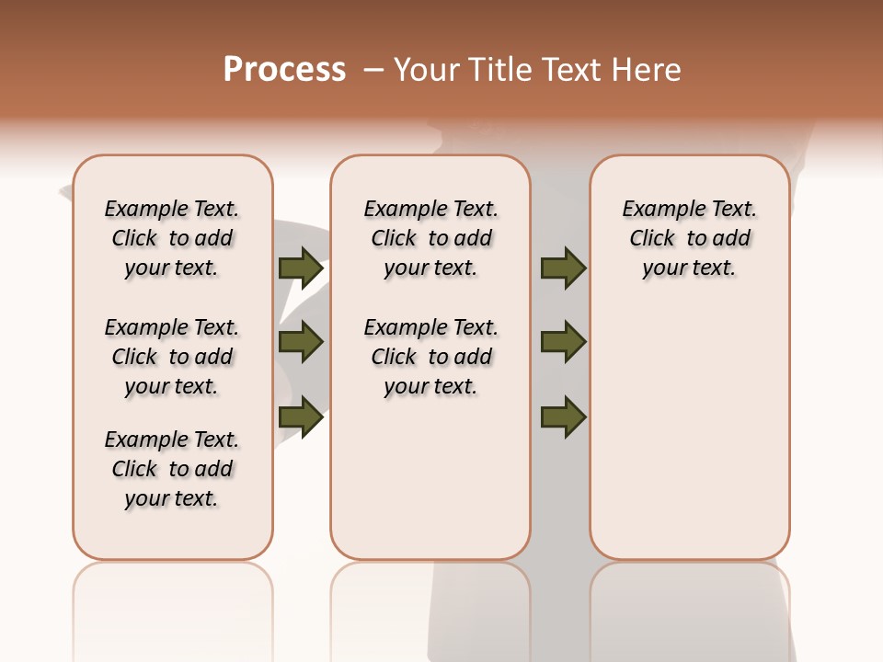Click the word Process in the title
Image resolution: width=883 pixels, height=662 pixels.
284,70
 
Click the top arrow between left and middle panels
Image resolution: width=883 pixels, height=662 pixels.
301,268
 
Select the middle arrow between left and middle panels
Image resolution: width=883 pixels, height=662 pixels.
301,342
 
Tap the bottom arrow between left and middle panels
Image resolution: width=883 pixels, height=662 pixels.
301,417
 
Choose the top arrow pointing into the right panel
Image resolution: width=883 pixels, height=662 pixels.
563,268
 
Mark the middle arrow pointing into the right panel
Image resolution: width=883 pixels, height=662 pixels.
563,342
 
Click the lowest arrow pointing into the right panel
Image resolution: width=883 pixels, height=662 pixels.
563,417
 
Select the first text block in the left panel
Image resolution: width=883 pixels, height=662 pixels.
172,238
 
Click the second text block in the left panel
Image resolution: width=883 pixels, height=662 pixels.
172,357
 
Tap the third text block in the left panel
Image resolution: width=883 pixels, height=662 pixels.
172,469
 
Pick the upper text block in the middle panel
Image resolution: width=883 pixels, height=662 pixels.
430,238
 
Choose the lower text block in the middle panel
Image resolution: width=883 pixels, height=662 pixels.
430,357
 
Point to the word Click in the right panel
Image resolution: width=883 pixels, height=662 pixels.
652,239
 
